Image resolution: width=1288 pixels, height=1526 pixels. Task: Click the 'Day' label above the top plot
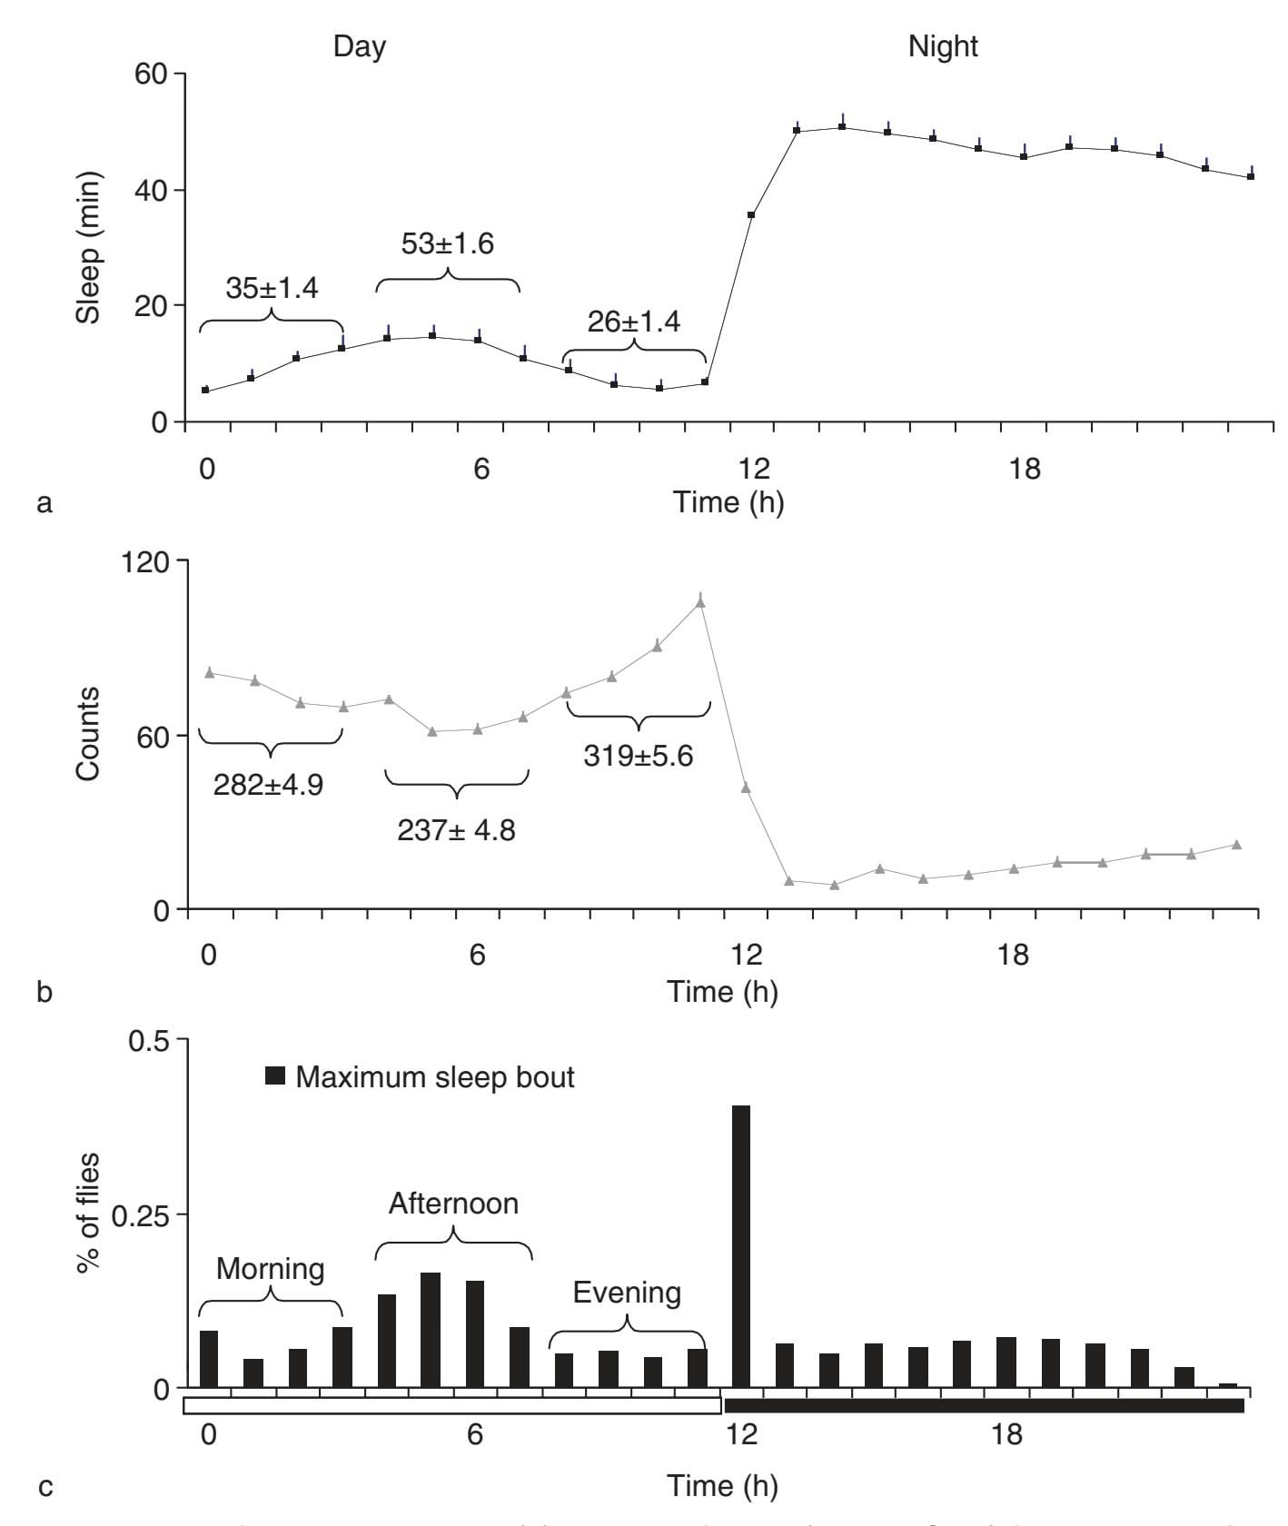[x=360, y=46]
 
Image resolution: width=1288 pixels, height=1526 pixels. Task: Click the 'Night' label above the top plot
[x=943, y=46]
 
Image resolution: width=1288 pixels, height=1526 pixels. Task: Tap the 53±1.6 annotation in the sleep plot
[x=447, y=243]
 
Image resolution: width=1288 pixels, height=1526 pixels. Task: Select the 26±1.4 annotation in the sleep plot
[x=633, y=322]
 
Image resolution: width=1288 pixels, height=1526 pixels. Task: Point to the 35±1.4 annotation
[x=272, y=288]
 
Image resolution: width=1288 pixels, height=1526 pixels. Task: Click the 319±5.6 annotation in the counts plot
[x=638, y=755]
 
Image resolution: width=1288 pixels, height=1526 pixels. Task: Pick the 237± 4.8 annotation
[x=456, y=829]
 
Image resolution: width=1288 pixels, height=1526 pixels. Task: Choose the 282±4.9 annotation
[x=268, y=785]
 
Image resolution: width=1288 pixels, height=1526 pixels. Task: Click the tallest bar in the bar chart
[x=741, y=1245]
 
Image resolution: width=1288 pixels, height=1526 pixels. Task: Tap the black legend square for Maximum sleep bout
[x=275, y=1077]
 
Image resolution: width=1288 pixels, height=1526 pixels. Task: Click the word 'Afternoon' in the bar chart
[x=453, y=1204]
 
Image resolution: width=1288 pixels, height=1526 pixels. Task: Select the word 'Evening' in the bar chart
[x=627, y=1293]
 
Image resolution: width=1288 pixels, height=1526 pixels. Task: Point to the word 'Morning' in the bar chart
[x=271, y=1269]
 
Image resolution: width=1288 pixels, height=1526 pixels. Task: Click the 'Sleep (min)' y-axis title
[x=88, y=246]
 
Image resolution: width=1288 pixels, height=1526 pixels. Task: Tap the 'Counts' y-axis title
[x=88, y=734]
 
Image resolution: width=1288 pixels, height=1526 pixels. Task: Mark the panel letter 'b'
[x=44, y=991]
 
